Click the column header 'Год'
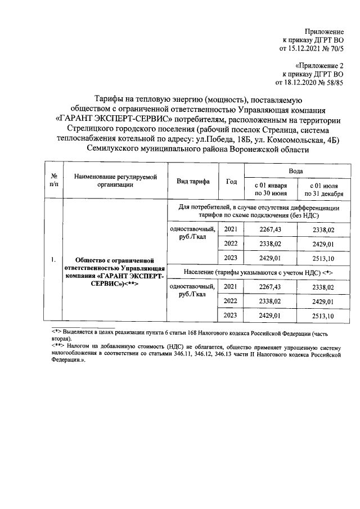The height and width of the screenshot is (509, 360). (x=231, y=181)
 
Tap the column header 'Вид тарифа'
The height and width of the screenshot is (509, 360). (x=193, y=181)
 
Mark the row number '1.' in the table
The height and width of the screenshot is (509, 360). (x=52, y=259)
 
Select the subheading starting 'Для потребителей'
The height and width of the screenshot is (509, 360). (x=259, y=212)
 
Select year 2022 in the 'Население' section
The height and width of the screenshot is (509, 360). (x=231, y=301)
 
